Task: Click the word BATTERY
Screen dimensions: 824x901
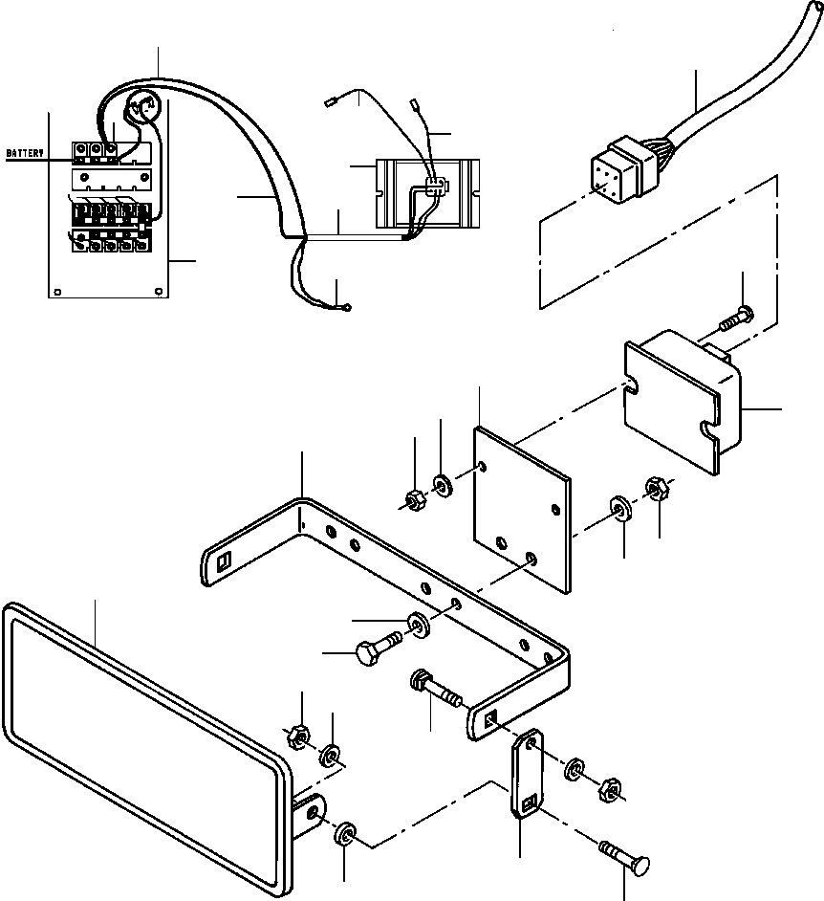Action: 25,153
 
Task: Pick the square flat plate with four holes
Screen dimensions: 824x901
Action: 522,509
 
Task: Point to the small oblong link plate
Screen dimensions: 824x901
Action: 527,773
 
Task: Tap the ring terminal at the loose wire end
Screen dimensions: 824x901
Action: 346,308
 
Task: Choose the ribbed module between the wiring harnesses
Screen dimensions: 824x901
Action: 427,193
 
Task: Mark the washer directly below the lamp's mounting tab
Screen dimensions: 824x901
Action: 344,835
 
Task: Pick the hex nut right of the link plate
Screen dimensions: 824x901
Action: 609,791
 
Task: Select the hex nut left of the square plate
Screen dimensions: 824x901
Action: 415,500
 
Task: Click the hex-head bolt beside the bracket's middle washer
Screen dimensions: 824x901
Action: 380,648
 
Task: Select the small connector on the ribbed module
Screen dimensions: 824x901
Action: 436,185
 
